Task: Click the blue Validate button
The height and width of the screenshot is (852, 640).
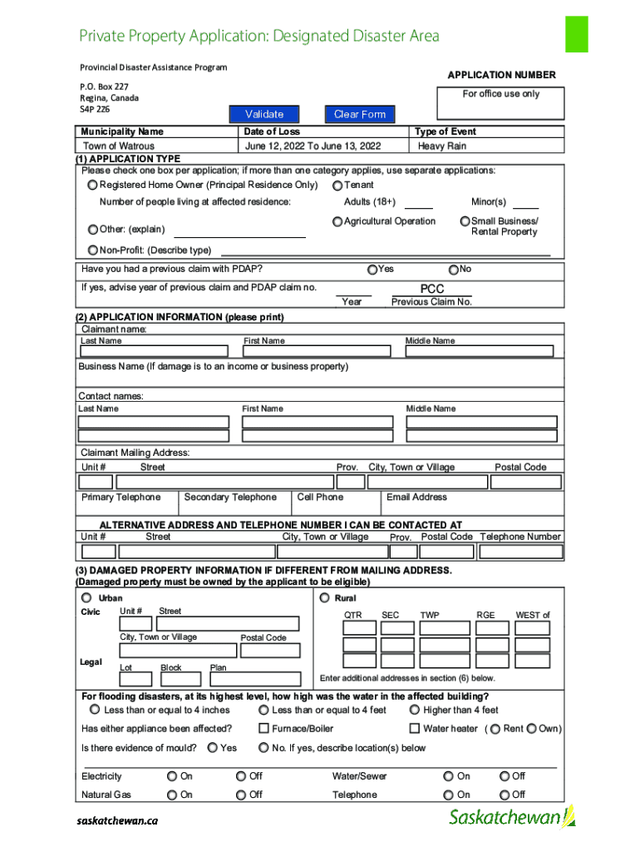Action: (264, 114)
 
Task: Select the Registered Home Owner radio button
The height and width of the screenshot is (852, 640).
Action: (93, 185)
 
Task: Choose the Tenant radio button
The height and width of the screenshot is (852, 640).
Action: (337, 186)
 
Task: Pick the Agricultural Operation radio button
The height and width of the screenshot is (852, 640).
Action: (337, 221)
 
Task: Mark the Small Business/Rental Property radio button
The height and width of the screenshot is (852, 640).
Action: (465, 221)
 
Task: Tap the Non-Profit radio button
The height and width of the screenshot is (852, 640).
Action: (93, 250)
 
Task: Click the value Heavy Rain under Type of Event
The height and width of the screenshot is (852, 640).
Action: (442, 146)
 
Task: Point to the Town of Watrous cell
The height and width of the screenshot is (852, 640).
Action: (119, 146)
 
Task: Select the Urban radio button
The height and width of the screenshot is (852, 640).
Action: (86, 597)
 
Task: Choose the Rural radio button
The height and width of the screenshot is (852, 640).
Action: (324, 597)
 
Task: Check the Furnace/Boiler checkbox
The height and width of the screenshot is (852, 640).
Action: (263, 729)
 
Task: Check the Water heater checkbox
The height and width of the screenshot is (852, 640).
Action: (415, 729)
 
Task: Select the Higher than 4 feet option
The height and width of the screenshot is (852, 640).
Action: (415, 710)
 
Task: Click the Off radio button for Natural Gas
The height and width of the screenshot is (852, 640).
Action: (242, 795)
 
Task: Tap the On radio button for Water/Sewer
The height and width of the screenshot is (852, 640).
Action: (450, 776)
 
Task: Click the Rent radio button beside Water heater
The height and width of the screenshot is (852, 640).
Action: (495, 729)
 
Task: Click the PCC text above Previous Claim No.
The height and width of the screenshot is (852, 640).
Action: (432, 289)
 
